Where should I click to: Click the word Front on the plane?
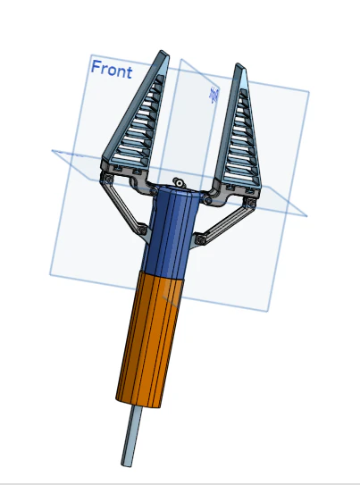pos(112,70)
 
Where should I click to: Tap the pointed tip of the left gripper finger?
pos(162,51)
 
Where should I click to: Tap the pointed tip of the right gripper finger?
pos(239,64)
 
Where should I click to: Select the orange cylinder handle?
pos(150,339)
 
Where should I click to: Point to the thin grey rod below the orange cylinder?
pos(131,436)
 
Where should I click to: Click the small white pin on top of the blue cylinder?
pos(179,182)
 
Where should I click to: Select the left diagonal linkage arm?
pos(122,205)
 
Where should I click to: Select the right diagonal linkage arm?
pos(224,223)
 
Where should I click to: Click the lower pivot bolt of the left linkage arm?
pos(142,230)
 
